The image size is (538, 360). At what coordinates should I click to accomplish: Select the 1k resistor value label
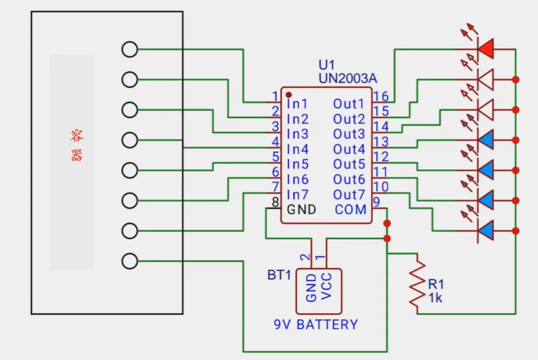pos(435,298)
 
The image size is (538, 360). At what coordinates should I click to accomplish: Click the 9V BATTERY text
pos(316,325)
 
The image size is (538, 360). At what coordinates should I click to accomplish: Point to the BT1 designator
pos(279,276)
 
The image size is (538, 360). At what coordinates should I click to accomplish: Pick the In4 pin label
pos(297,150)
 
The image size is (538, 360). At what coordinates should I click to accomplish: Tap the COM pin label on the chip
pos(351,209)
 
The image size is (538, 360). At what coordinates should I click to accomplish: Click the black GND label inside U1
pos(301,209)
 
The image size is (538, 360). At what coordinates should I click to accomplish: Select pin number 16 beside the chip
pos(381,96)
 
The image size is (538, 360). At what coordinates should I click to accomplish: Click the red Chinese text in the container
pos(77,145)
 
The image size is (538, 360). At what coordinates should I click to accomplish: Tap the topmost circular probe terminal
pos(130,49)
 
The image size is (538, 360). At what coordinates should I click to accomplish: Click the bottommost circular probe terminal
pos(130,261)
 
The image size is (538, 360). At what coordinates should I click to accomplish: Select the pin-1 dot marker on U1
pos(289,95)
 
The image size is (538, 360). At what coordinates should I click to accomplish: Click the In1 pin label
pos(297,104)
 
